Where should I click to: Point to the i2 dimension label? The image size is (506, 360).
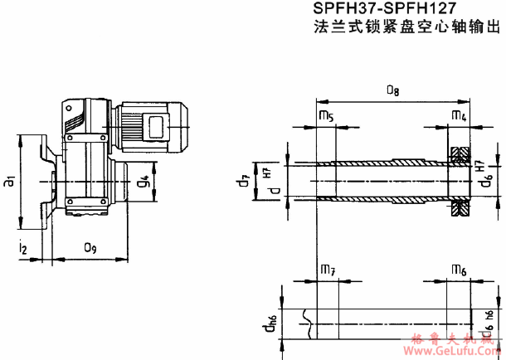pos(24,246)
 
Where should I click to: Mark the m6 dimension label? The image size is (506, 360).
pos(458,270)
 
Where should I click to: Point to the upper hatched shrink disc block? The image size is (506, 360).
pos(460,154)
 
